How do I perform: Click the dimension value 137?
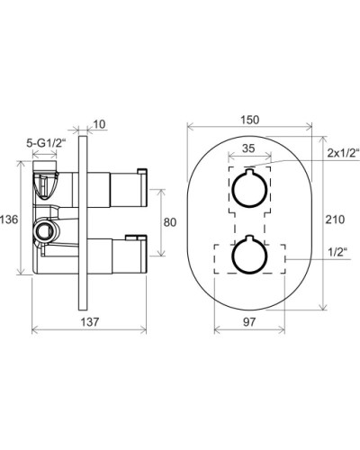87,321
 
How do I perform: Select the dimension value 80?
169,222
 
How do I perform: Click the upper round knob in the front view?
248,189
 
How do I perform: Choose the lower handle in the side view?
120,256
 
